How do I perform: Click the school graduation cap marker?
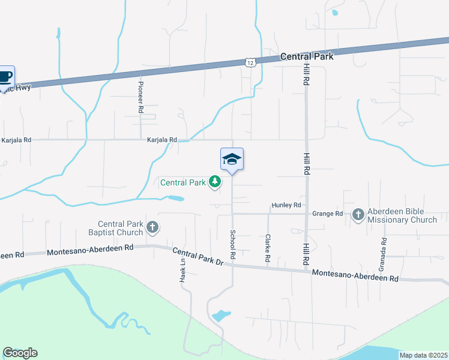click(x=232, y=159)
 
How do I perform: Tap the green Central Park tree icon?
click(x=214, y=181)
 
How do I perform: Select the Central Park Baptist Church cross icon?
click(x=152, y=227)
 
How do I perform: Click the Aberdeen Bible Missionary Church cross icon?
click(x=358, y=214)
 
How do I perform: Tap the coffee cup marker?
click(x=5, y=77)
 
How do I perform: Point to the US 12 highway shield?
click(x=250, y=62)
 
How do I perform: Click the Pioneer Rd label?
click(x=141, y=97)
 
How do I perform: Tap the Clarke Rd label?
click(x=268, y=247)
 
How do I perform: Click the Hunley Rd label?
click(x=286, y=205)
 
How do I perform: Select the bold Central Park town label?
click(x=307, y=56)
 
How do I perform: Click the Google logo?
click(x=20, y=353)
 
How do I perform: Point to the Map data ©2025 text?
click(x=423, y=355)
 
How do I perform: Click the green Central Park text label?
click(x=182, y=181)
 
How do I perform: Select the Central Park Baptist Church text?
click(x=121, y=228)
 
